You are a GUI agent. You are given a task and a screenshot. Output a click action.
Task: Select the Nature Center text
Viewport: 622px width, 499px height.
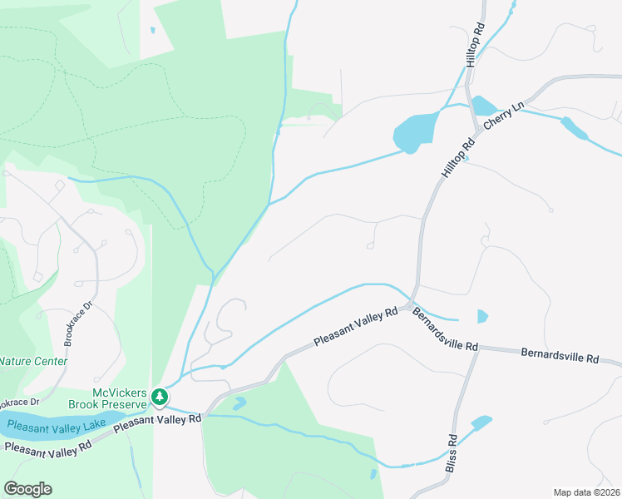click(33, 361)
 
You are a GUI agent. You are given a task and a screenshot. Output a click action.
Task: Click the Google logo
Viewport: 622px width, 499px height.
click(27, 489)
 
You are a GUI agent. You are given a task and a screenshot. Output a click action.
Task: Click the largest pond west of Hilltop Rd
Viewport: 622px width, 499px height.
click(414, 131)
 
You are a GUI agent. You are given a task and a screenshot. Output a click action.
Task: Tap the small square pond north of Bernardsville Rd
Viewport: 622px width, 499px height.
click(483, 316)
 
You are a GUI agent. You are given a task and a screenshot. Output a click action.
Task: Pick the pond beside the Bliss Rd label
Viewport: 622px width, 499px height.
click(481, 423)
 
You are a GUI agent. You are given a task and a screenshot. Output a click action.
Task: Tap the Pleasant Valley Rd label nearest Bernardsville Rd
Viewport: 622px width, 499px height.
click(356, 329)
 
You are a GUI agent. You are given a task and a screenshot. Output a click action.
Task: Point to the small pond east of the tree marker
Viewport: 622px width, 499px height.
click(239, 403)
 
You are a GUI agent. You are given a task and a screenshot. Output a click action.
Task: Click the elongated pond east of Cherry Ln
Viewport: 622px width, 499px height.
click(573, 127)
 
